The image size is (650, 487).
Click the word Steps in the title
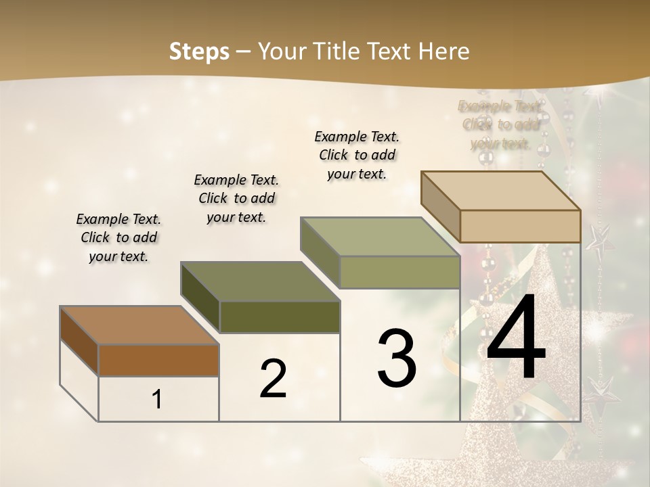[199, 51]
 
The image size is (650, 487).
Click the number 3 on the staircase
[397, 358]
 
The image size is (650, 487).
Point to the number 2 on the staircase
[273, 379]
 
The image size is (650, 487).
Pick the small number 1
[157, 400]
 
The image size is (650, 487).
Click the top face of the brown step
[139, 325]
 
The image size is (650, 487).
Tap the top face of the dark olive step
[260, 281]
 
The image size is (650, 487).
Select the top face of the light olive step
[380, 237]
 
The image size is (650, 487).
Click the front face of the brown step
[158, 361]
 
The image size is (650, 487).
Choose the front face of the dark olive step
[280, 317]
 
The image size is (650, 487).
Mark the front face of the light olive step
[399, 273]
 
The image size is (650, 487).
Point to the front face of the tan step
[520, 226]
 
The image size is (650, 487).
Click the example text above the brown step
[118, 237]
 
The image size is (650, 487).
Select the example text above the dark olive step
[236, 198]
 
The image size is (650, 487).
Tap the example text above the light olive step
[357, 155]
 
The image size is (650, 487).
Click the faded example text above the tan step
[500, 124]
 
